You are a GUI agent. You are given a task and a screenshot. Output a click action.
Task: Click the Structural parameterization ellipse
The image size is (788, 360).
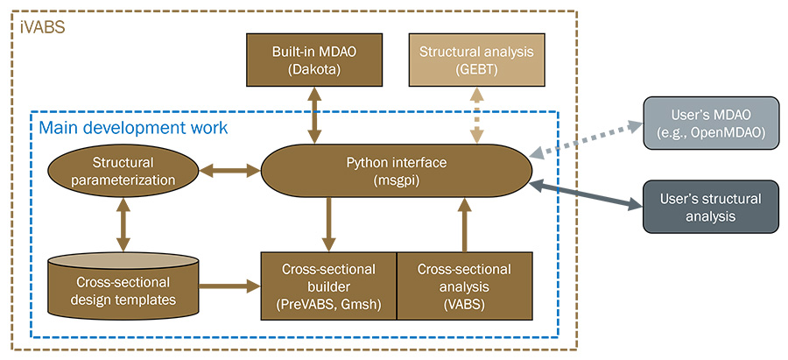pos(123,171)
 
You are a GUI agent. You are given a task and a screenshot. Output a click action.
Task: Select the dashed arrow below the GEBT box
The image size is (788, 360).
pos(476,116)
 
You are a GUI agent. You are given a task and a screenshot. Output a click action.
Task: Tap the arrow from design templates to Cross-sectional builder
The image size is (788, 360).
pos(229,284)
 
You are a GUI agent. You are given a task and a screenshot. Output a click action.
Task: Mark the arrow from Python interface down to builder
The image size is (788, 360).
pos(329,224)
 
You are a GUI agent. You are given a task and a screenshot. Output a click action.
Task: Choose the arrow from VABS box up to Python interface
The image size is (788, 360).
pos(465,224)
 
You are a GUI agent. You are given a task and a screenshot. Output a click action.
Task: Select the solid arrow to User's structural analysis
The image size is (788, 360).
pos(587,195)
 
